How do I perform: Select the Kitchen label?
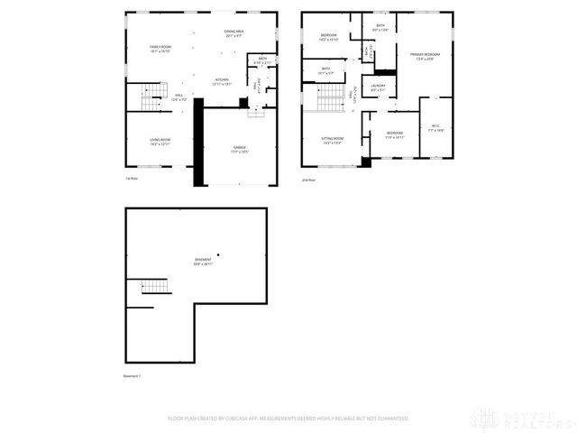[x=221, y=82]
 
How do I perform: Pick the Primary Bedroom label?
[x=425, y=57]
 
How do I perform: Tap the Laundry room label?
[x=378, y=88]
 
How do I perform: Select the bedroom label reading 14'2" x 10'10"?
[x=327, y=38]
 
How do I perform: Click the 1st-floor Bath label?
[x=262, y=60]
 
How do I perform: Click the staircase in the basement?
[x=154, y=287]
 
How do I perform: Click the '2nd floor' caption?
[x=310, y=180]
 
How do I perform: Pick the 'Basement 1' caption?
[x=133, y=375]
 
